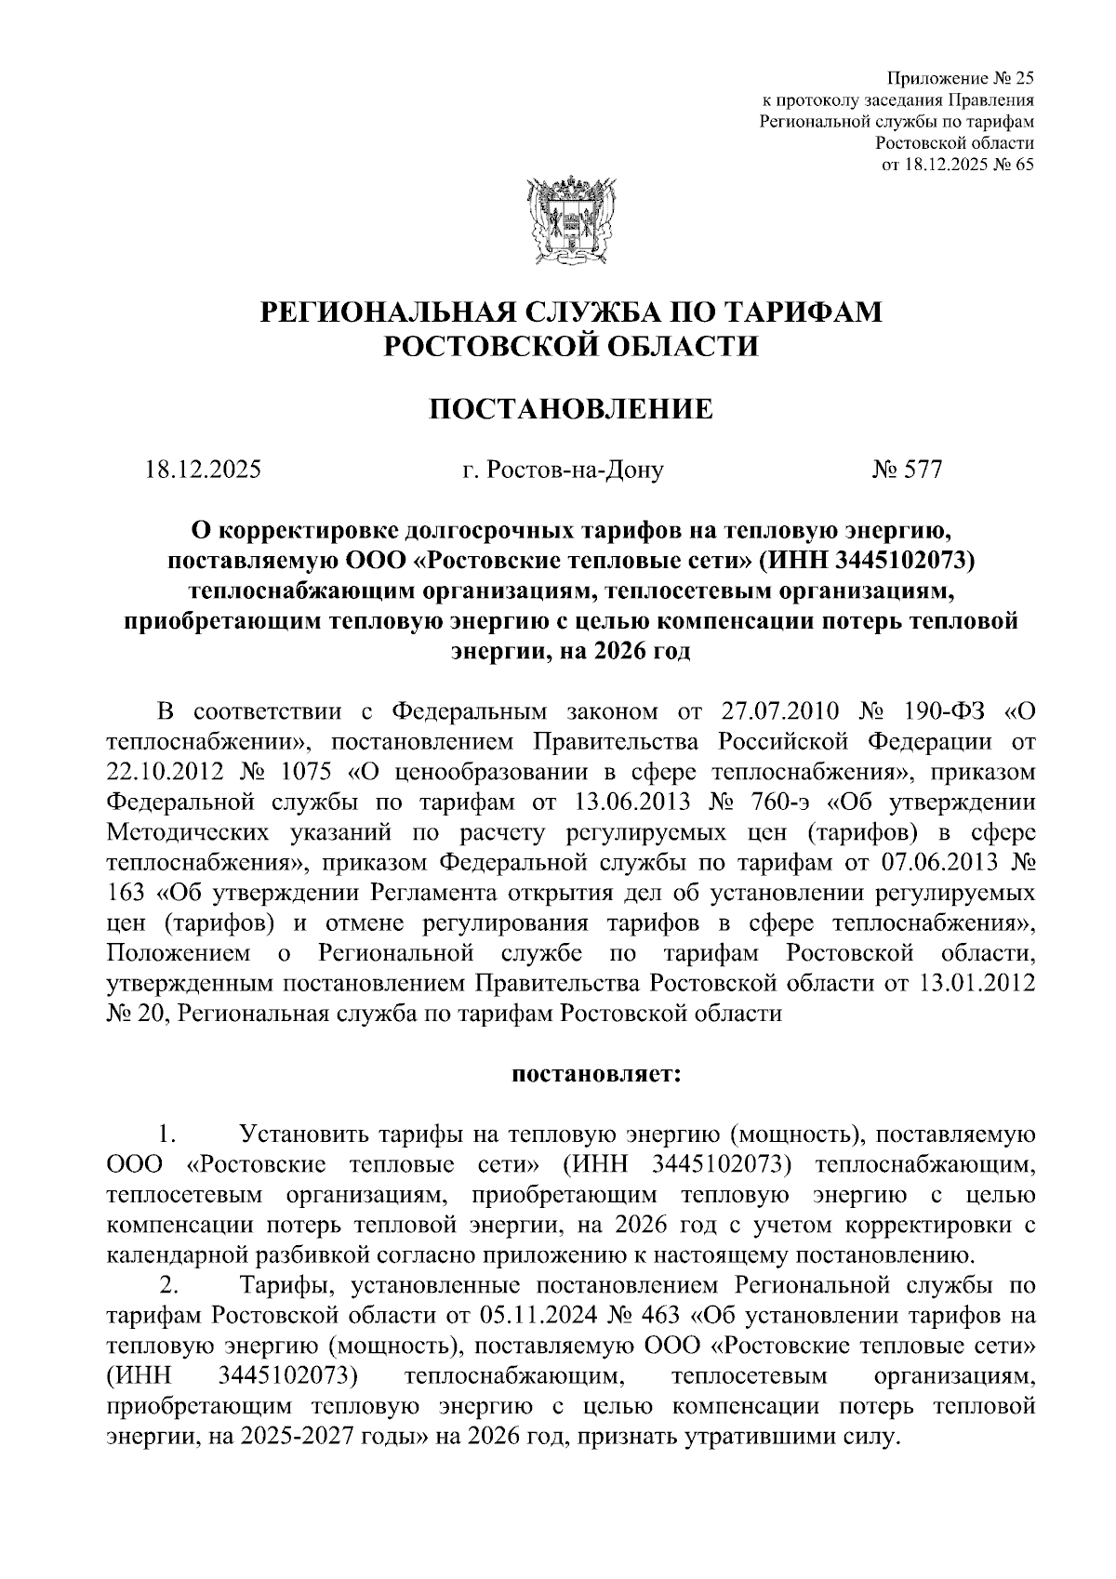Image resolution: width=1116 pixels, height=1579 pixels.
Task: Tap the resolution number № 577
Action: point(907,470)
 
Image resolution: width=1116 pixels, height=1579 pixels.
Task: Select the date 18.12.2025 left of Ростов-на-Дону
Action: point(203,470)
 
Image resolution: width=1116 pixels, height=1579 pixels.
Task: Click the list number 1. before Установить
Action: point(168,1135)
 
